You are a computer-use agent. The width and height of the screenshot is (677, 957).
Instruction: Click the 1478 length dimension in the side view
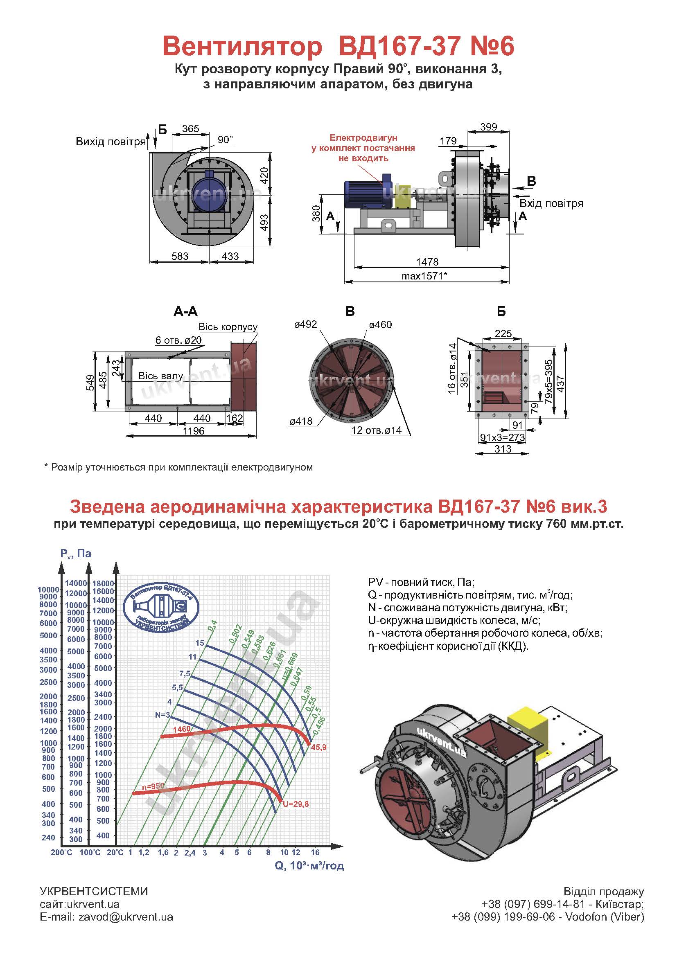(x=427, y=262)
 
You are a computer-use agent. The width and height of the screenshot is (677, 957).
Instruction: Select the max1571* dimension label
(x=424, y=276)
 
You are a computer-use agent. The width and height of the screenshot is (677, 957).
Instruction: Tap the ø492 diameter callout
(x=305, y=324)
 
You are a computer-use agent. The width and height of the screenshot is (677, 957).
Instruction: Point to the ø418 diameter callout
(x=301, y=421)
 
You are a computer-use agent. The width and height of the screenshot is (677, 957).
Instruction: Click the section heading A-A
(x=185, y=311)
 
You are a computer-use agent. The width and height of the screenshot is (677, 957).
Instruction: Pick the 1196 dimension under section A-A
(x=194, y=431)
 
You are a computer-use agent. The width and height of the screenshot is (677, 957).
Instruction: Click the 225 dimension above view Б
(x=503, y=333)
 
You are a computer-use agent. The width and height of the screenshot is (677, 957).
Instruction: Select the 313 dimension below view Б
(x=503, y=449)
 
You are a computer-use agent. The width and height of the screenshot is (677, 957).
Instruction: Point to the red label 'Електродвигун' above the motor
(x=363, y=138)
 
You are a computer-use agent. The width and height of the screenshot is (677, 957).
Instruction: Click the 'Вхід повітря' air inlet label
(x=551, y=203)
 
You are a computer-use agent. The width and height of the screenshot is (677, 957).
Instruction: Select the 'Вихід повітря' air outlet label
(x=111, y=142)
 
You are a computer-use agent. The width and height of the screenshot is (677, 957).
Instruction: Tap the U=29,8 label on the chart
(x=296, y=804)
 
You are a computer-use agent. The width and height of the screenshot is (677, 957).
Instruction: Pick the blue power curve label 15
(x=200, y=643)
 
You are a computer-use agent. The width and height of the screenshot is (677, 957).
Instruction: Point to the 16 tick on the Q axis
(x=315, y=852)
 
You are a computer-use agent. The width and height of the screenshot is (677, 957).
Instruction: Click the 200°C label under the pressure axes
(x=61, y=853)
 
